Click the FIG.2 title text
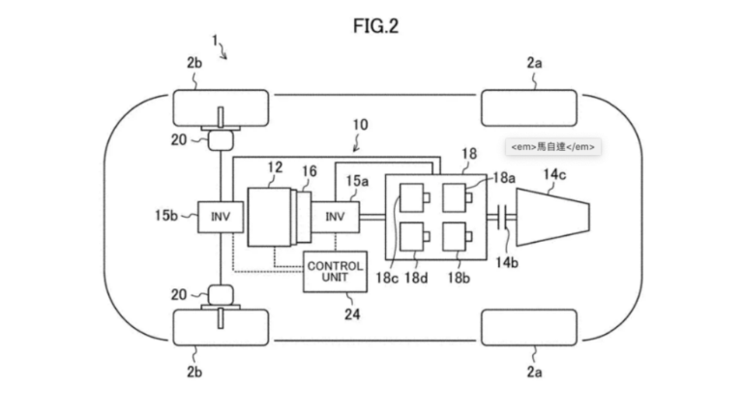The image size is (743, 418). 371,26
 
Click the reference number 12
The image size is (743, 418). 274,168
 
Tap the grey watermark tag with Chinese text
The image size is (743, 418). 552,147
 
